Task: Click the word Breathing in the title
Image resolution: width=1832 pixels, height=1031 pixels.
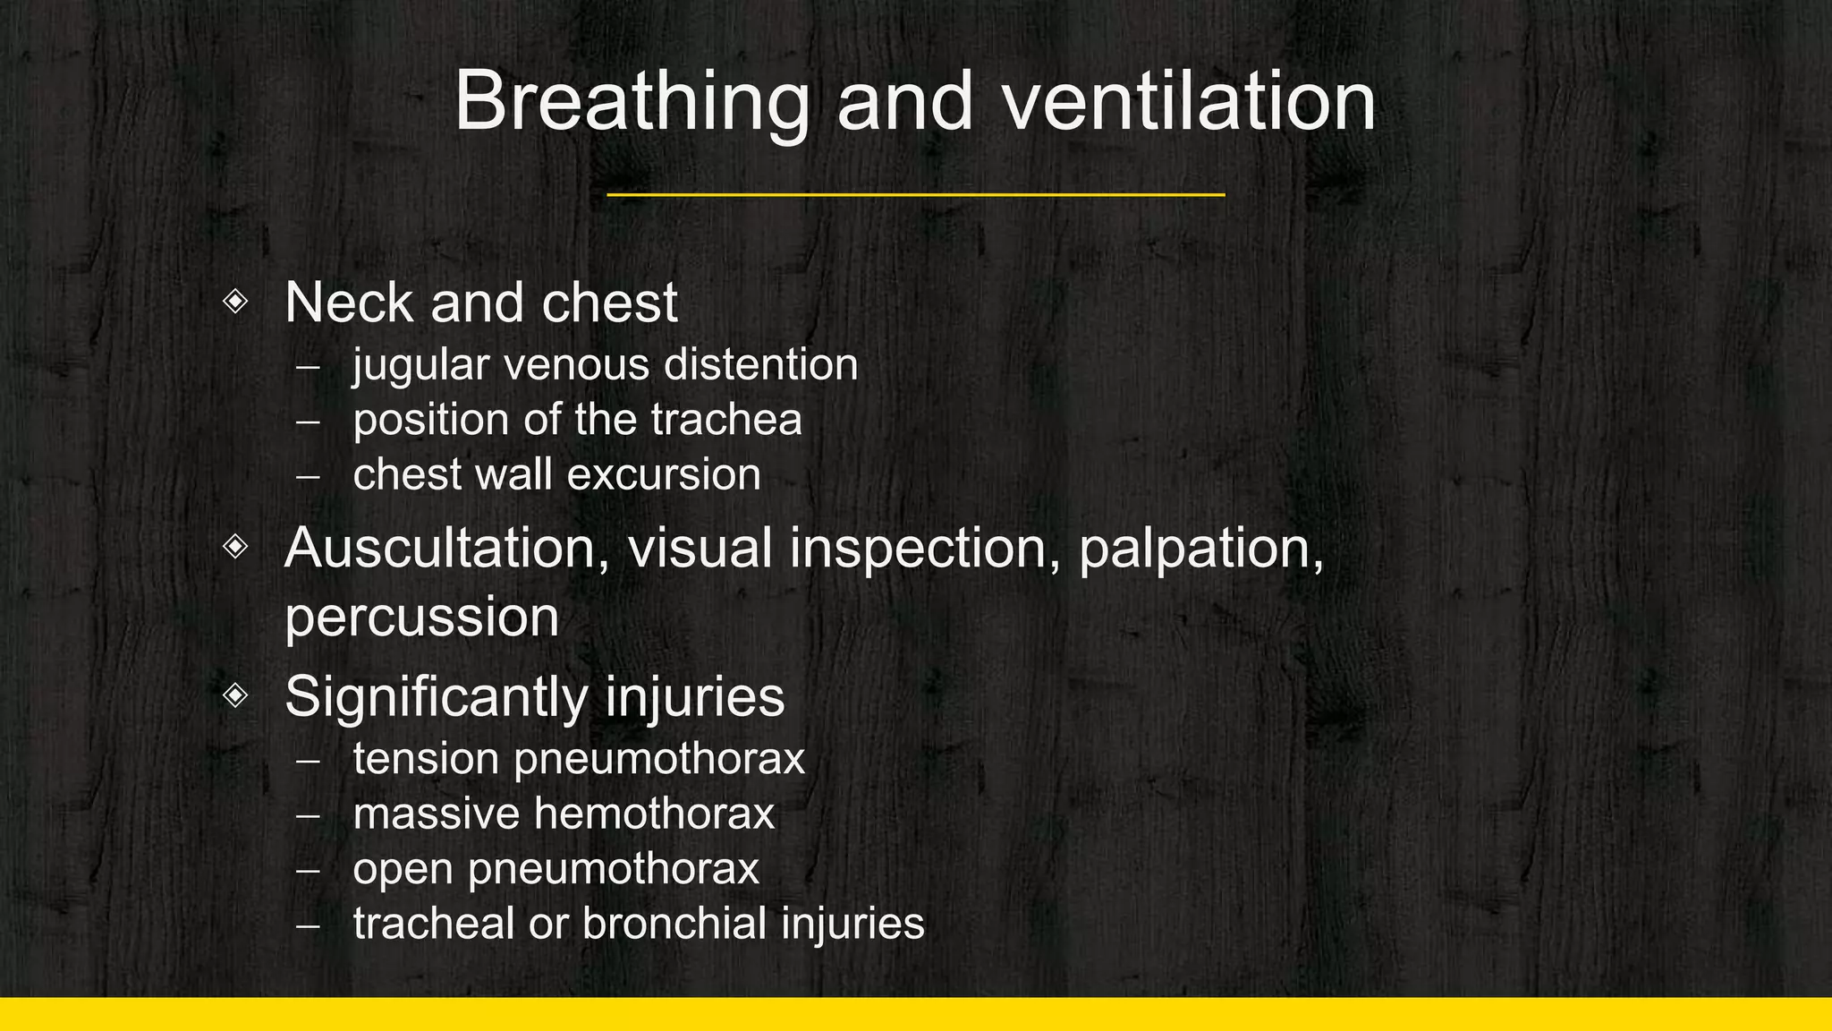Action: pos(632,103)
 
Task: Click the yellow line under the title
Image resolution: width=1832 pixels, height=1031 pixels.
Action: pos(915,194)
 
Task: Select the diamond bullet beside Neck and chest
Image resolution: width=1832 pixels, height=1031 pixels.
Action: pos(235,301)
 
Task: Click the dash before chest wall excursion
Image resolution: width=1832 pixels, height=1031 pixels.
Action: pos(307,476)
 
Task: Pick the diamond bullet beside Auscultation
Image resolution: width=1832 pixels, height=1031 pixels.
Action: pos(235,546)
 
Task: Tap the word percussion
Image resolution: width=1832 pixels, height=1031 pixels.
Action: pos(421,618)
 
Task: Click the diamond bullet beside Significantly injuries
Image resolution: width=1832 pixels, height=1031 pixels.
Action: pos(235,694)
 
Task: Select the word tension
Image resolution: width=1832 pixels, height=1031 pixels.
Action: pos(426,759)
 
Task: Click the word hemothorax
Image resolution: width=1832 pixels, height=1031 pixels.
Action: pos(654,814)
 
